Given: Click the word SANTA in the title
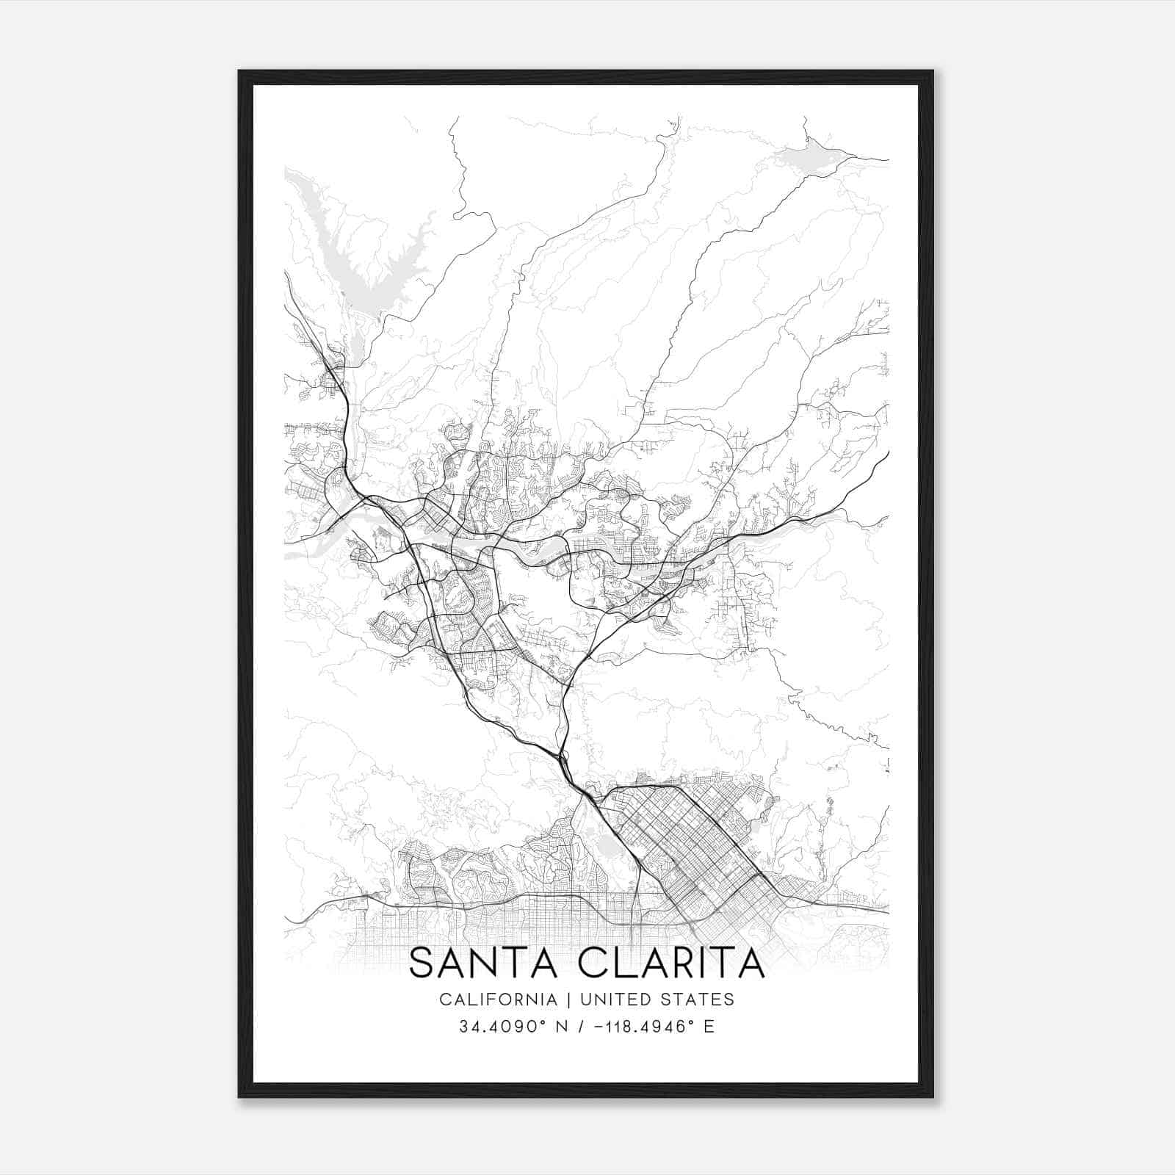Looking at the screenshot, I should [487, 963].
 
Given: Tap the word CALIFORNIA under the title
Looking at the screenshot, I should [497, 999].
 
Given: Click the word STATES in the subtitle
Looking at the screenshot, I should [702, 999].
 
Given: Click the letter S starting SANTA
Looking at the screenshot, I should [421, 963].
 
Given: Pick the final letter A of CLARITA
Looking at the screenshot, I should [751, 963].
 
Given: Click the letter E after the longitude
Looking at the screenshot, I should [709, 1027].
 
